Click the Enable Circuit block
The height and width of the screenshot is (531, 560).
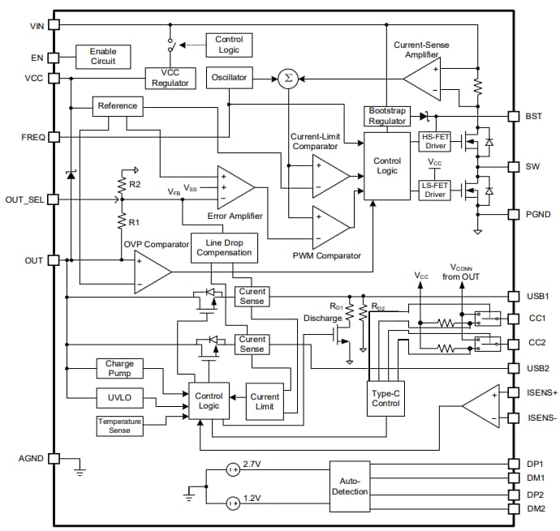[x=103, y=56]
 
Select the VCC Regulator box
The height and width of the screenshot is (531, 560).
[x=169, y=78]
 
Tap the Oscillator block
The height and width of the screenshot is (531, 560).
[x=230, y=78]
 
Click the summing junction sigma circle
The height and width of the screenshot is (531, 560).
[x=286, y=78]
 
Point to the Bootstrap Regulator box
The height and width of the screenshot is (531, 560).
[x=387, y=115]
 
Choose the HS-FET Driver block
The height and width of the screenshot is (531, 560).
[x=435, y=141]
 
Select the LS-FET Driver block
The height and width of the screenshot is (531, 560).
[x=435, y=190]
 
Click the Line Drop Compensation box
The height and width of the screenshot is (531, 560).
[x=224, y=248]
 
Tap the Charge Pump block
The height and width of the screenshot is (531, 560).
[x=119, y=369]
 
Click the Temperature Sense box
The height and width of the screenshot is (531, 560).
[x=119, y=425]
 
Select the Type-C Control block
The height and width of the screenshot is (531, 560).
[x=386, y=397]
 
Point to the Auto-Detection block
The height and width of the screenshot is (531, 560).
[x=350, y=486]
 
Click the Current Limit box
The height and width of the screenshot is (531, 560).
[x=265, y=402]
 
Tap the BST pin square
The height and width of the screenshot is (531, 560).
[x=513, y=117]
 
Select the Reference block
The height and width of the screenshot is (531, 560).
[x=118, y=106]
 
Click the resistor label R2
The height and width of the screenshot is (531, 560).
[x=135, y=185]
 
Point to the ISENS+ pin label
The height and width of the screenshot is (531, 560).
[x=540, y=392]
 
